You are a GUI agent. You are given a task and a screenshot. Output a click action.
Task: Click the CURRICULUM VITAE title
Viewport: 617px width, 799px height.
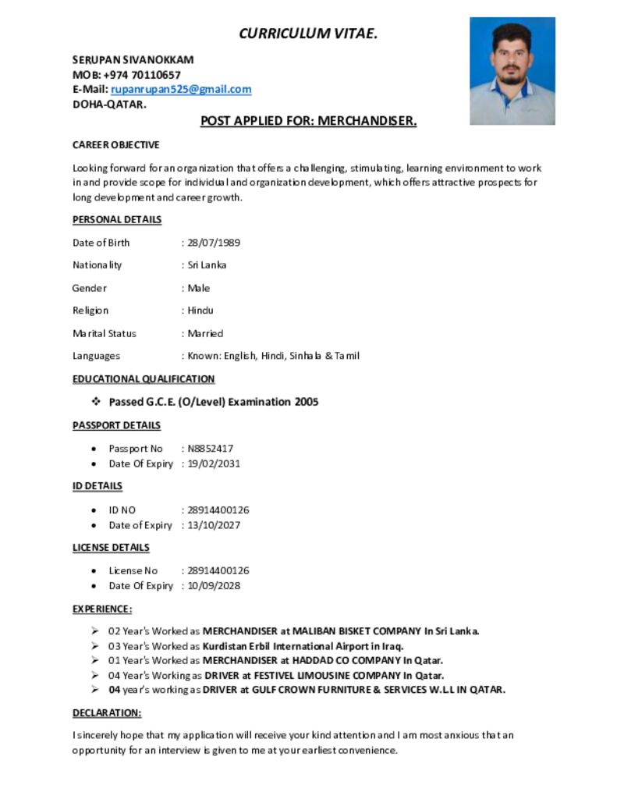point(308,33)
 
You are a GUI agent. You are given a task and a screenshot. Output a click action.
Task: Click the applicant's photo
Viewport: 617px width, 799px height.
point(512,71)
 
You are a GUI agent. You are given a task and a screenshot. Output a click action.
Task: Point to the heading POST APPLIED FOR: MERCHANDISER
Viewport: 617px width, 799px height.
point(308,121)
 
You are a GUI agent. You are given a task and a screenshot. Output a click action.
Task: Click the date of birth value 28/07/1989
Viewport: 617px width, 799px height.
point(214,243)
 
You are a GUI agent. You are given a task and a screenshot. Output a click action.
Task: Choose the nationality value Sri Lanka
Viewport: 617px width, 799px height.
point(207,265)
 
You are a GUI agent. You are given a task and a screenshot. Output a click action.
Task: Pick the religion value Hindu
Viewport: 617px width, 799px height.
point(200,311)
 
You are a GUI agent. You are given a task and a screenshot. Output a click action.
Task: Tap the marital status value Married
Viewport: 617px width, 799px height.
point(205,333)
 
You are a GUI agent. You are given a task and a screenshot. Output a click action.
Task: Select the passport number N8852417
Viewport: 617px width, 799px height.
point(210,449)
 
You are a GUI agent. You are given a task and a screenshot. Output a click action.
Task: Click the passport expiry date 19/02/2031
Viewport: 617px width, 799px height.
point(214,463)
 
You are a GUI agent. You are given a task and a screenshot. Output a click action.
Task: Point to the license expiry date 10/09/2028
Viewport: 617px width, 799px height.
point(214,586)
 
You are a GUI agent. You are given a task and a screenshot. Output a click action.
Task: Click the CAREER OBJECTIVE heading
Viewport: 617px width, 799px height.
point(115,145)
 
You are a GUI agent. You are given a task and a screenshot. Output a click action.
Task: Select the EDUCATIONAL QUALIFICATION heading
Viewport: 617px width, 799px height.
point(144,379)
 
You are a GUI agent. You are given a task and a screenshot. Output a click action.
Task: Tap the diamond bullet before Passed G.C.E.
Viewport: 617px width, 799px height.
point(96,402)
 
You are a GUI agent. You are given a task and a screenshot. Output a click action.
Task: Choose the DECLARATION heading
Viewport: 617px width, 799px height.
point(107,713)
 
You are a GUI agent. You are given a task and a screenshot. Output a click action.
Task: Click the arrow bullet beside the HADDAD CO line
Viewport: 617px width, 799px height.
point(94,660)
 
